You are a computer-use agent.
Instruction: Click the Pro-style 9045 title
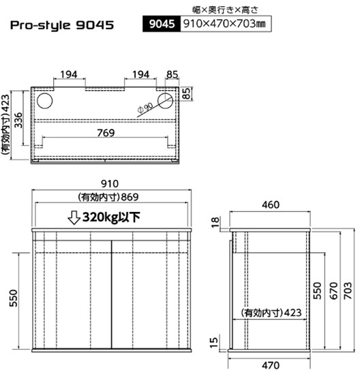(x=62, y=25)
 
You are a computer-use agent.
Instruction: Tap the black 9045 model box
(x=162, y=24)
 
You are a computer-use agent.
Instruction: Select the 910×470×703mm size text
(x=224, y=24)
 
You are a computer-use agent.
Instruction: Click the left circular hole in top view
(x=45, y=101)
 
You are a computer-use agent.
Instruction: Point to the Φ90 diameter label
(x=145, y=108)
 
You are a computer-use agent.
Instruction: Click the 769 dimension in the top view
(x=106, y=133)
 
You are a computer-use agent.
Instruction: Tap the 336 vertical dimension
(x=18, y=120)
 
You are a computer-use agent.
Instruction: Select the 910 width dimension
(x=110, y=183)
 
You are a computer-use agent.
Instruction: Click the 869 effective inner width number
(x=130, y=197)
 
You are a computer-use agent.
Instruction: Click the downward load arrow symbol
(x=74, y=217)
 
